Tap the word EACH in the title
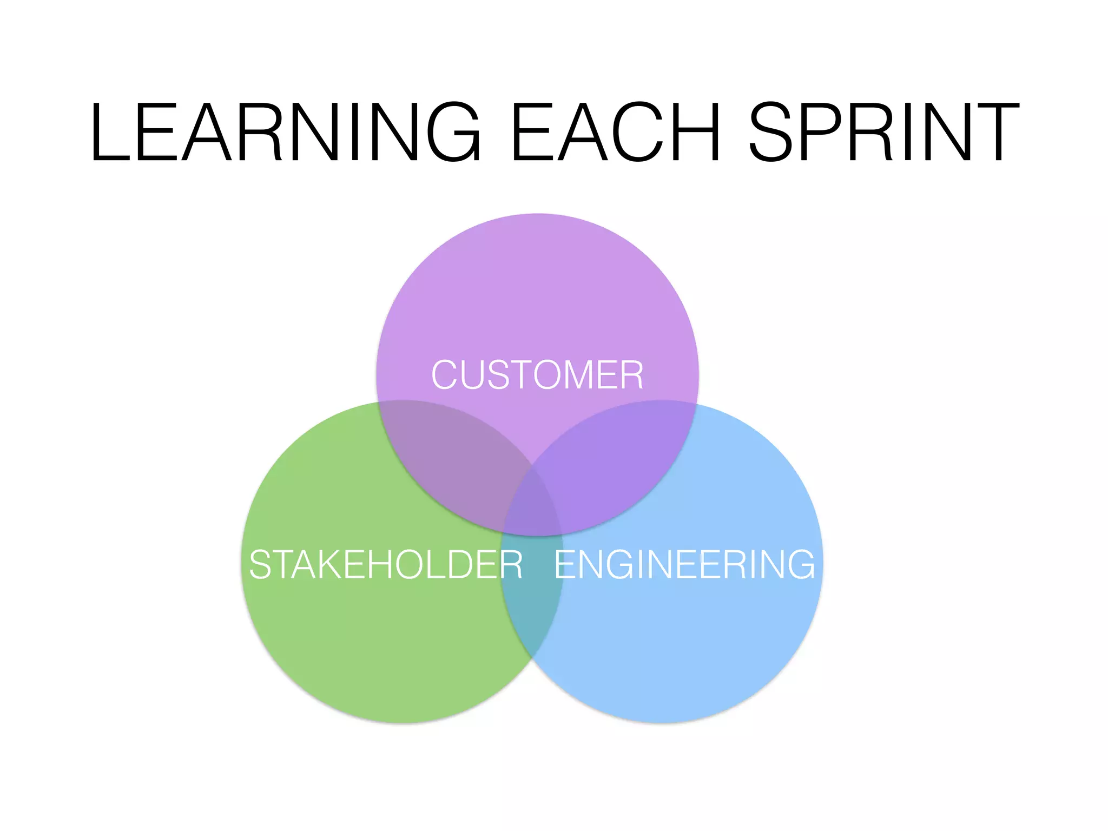point(616,132)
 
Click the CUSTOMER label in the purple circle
point(537,374)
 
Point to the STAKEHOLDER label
point(386,564)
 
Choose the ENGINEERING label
point(684,564)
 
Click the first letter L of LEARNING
point(111,132)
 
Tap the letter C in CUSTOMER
point(444,374)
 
